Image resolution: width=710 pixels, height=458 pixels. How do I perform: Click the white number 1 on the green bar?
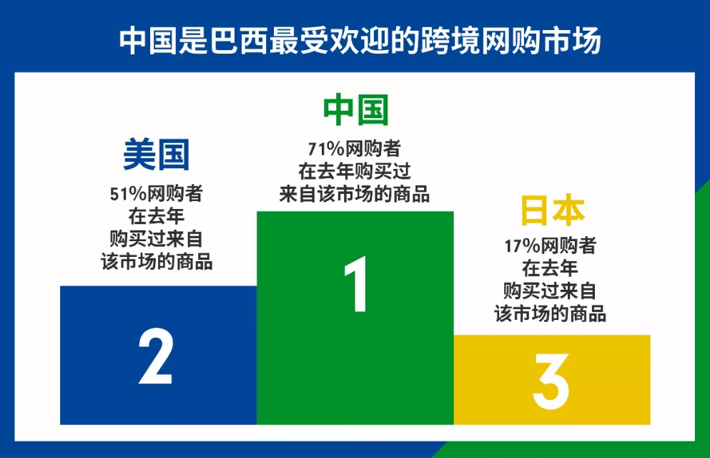(355, 286)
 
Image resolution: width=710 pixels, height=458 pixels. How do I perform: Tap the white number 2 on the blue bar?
(155, 356)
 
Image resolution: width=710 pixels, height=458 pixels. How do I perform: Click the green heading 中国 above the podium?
(355, 111)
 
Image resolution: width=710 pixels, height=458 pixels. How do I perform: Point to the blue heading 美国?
(157, 155)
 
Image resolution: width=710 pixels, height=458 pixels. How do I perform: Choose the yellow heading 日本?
(551, 211)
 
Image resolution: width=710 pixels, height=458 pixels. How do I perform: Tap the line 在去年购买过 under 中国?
(355, 172)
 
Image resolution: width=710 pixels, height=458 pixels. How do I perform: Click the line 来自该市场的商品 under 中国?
(355, 194)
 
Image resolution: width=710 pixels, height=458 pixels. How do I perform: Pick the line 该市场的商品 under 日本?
(551, 313)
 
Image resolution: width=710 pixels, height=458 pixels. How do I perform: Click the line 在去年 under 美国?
(157, 216)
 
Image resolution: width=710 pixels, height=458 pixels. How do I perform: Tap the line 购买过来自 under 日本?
(551, 291)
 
